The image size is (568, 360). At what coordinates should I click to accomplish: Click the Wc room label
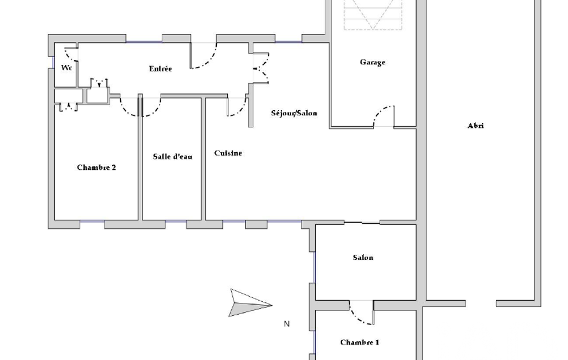coord(66,68)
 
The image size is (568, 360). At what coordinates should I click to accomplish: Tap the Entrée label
coord(160,69)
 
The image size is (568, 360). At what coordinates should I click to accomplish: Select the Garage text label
coord(372,62)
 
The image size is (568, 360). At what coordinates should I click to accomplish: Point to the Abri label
coord(475,126)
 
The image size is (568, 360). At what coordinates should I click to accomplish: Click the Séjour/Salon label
coord(294,113)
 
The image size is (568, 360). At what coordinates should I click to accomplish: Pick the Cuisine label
coord(228,153)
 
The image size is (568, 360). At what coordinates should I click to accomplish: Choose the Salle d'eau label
coord(172,156)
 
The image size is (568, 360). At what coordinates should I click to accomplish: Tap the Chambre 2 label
coord(96,167)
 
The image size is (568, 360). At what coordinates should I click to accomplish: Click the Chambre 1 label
coord(360,342)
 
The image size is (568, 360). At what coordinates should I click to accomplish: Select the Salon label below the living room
coord(363,258)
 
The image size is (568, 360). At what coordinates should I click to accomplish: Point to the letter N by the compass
coord(286,324)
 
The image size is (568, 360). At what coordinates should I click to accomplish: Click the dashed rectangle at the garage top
coord(373,14)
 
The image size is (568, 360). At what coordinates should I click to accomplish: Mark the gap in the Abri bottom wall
coord(480,304)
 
